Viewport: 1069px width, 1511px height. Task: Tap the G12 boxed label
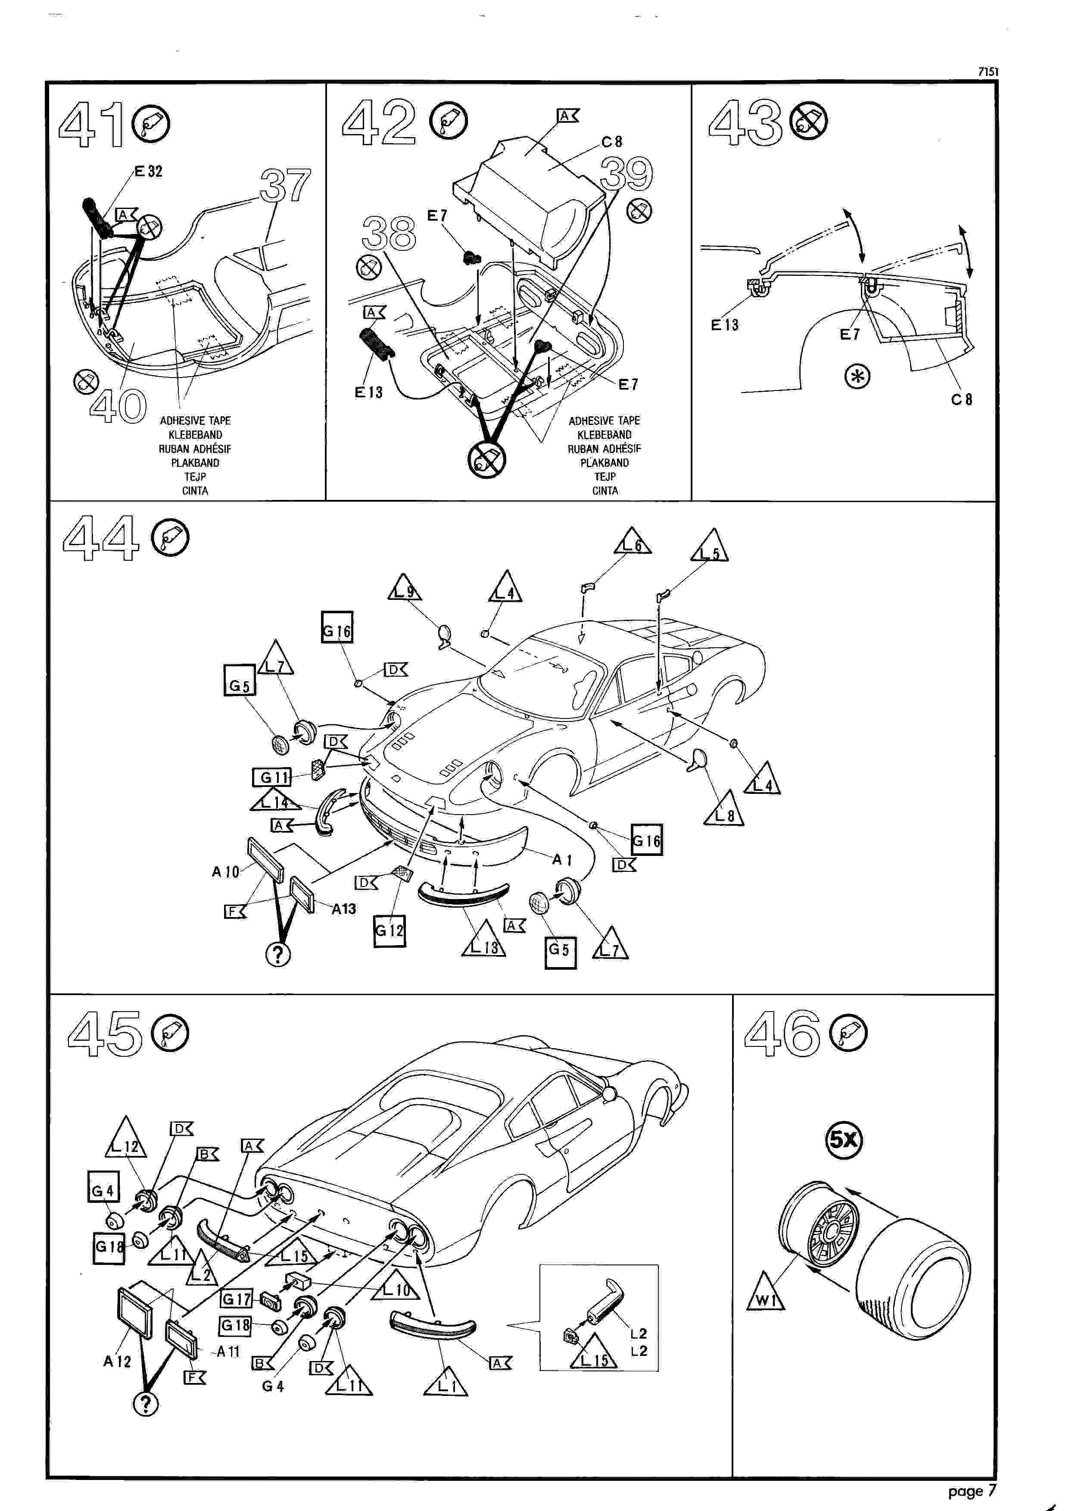coord(389,931)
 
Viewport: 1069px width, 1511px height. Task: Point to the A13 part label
coord(343,908)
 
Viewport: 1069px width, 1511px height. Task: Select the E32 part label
coord(148,171)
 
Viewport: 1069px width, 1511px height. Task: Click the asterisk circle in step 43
coord(857,377)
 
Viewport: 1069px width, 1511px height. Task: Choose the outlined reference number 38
coord(388,233)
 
